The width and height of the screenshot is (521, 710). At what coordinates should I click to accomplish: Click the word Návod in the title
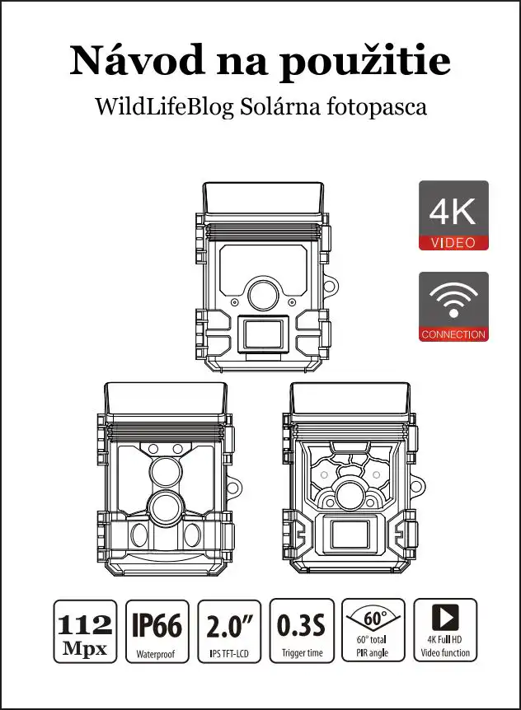point(137,60)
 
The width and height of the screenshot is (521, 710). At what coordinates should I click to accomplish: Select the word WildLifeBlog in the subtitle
point(164,107)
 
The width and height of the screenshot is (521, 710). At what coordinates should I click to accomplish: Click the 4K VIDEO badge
point(453,216)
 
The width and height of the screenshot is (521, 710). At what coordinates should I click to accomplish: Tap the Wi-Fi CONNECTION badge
point(453,306)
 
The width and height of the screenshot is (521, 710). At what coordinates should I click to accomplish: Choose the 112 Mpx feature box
point(85,631)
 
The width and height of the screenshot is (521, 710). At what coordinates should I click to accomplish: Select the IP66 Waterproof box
point(157,631)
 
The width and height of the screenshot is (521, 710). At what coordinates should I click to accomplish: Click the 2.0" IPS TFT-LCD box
point(229,631)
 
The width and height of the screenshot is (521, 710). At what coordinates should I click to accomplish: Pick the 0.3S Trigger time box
point(302,631)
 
